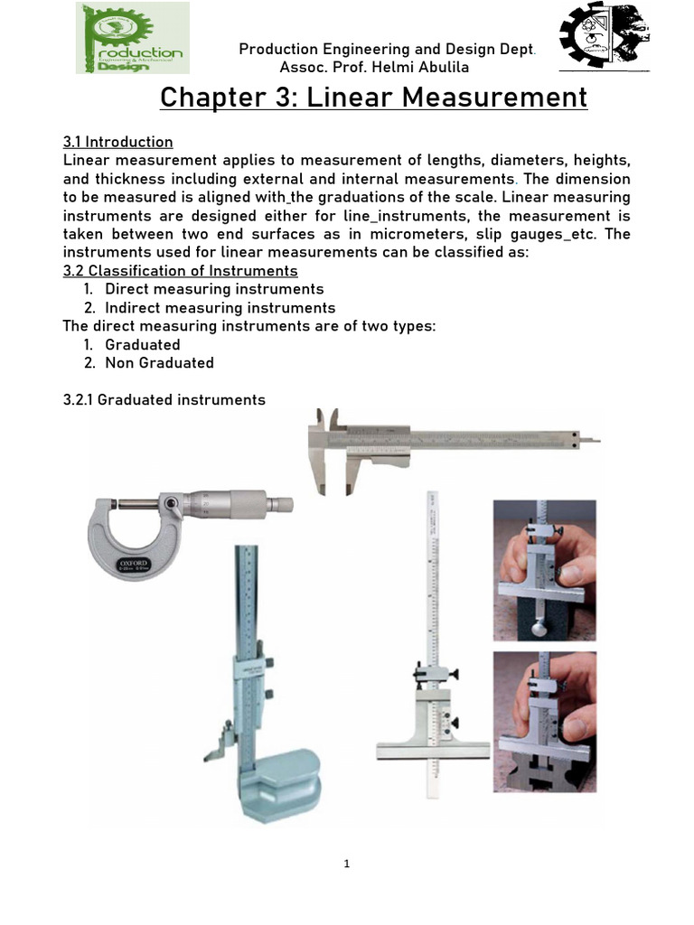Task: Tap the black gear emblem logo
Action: pos(604,37)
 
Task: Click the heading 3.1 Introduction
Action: pos(117,142)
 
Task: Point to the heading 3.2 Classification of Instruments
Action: pos(180,271)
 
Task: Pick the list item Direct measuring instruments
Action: pos(214,289)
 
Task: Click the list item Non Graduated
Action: pos(159,363)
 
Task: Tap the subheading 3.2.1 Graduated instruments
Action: pos(164,399)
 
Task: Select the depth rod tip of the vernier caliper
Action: pos(592,441)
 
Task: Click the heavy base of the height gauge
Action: pos(280,782)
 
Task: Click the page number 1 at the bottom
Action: pos(347,864)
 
